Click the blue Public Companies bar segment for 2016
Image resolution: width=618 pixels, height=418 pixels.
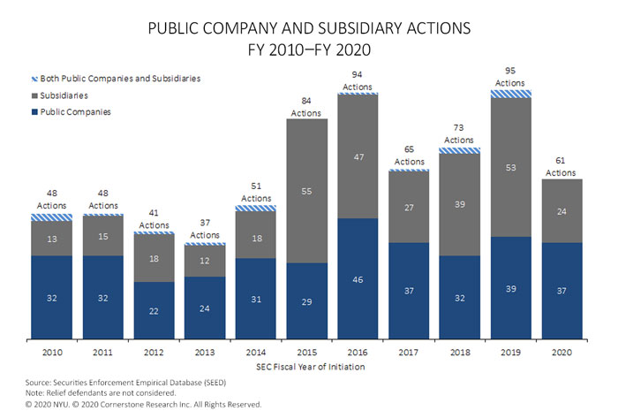358,278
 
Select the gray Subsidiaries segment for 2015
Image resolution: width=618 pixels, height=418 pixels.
306,190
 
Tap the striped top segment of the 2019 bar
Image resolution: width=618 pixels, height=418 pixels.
511,93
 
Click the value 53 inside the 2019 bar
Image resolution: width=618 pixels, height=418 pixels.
511,167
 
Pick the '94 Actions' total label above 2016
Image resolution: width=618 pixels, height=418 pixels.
358,80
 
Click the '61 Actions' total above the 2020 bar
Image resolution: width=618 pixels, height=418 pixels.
562,166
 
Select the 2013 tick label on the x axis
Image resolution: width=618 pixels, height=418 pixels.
204,353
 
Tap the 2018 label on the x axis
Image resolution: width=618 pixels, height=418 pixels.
460,353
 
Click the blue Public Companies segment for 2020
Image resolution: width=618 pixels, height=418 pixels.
562,290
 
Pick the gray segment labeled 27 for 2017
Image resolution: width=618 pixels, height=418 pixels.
409,207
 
